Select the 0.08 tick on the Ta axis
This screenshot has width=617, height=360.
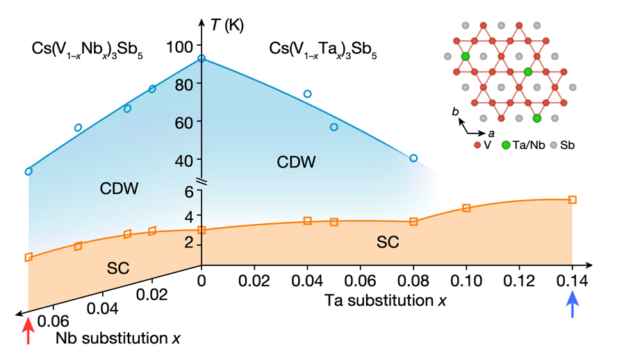click(413, 265)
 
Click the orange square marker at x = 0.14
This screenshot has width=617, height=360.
click(573, 200)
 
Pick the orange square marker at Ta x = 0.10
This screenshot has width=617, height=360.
click(466, 208)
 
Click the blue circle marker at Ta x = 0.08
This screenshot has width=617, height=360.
click(413, 158)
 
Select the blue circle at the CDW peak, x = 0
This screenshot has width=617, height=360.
click(201, 59)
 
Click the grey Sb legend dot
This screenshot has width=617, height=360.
click(554, 145)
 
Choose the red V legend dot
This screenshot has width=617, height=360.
click(477, 145)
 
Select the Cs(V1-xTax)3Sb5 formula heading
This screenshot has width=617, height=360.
click(323, 50)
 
